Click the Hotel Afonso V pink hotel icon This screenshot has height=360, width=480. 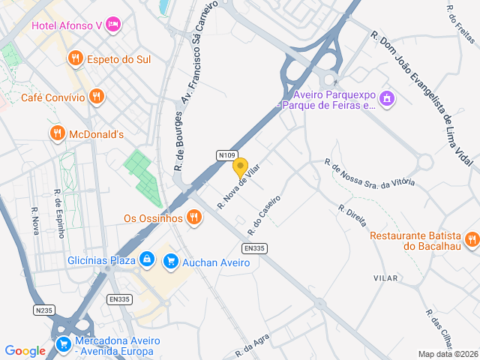tap(114, 25)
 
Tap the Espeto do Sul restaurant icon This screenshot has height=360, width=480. tap(75, 58)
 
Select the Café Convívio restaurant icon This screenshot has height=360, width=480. tap(96, 96)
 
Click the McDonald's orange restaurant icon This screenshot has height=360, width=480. tap(57, 133)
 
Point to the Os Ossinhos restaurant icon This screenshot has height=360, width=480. tap(194, 218)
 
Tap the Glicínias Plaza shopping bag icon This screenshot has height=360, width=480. tap(147, 260)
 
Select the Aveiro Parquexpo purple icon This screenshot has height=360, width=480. tap(387, 98)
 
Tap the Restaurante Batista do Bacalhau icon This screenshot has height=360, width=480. tap(472, 240)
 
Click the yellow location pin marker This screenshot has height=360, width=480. tap(240, 166)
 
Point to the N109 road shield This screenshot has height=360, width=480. tap(227, 155)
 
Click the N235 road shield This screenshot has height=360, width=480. tap(44, 309)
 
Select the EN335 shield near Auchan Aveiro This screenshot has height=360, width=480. tap(254, 248)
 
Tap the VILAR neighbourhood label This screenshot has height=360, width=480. tap(385, 278)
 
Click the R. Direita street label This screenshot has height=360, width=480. tap(351, 216)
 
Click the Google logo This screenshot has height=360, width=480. tap(25, 350)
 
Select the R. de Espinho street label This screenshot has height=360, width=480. tap(58, 213)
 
